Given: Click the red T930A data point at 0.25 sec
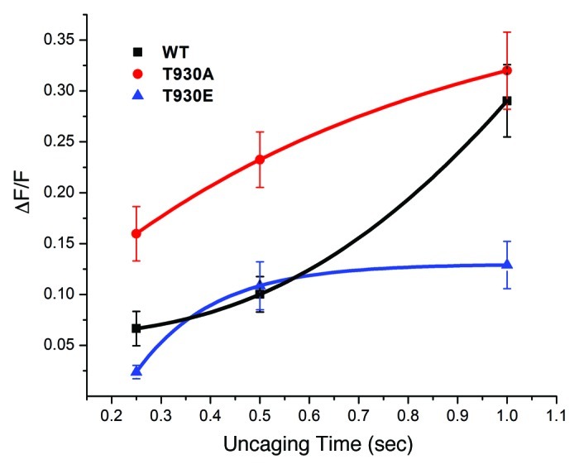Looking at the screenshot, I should point(136,233).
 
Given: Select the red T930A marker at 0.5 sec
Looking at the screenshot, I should point(260,159).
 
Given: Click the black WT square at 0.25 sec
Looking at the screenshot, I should point(136,328).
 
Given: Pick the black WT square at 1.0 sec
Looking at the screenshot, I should point(507,101).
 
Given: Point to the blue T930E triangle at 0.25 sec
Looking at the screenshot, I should point(136,371).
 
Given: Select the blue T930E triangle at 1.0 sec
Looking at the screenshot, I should point(507,265).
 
